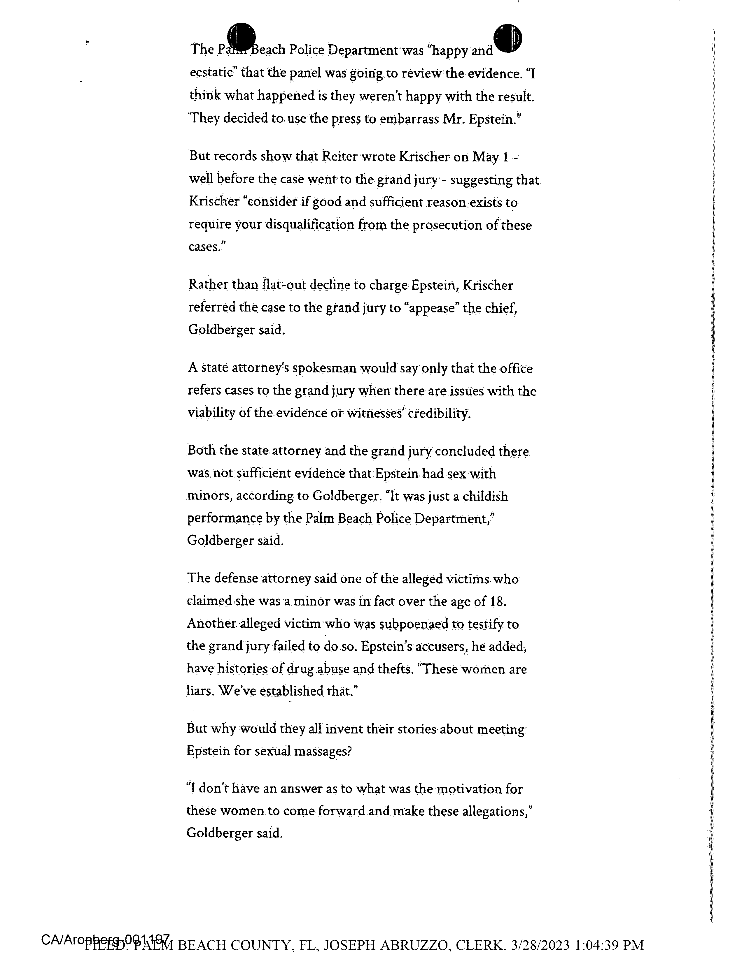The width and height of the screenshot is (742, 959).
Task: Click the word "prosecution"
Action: [x=447, y=225]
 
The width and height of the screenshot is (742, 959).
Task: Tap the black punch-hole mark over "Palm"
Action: [x=241, y=36]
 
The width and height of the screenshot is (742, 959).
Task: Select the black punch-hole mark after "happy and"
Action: [x=507, y=38]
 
